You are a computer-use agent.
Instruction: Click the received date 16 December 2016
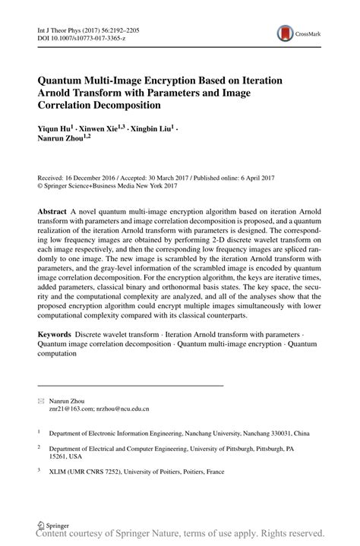coord(93,173)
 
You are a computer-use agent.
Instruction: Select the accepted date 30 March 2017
coord(174,173)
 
